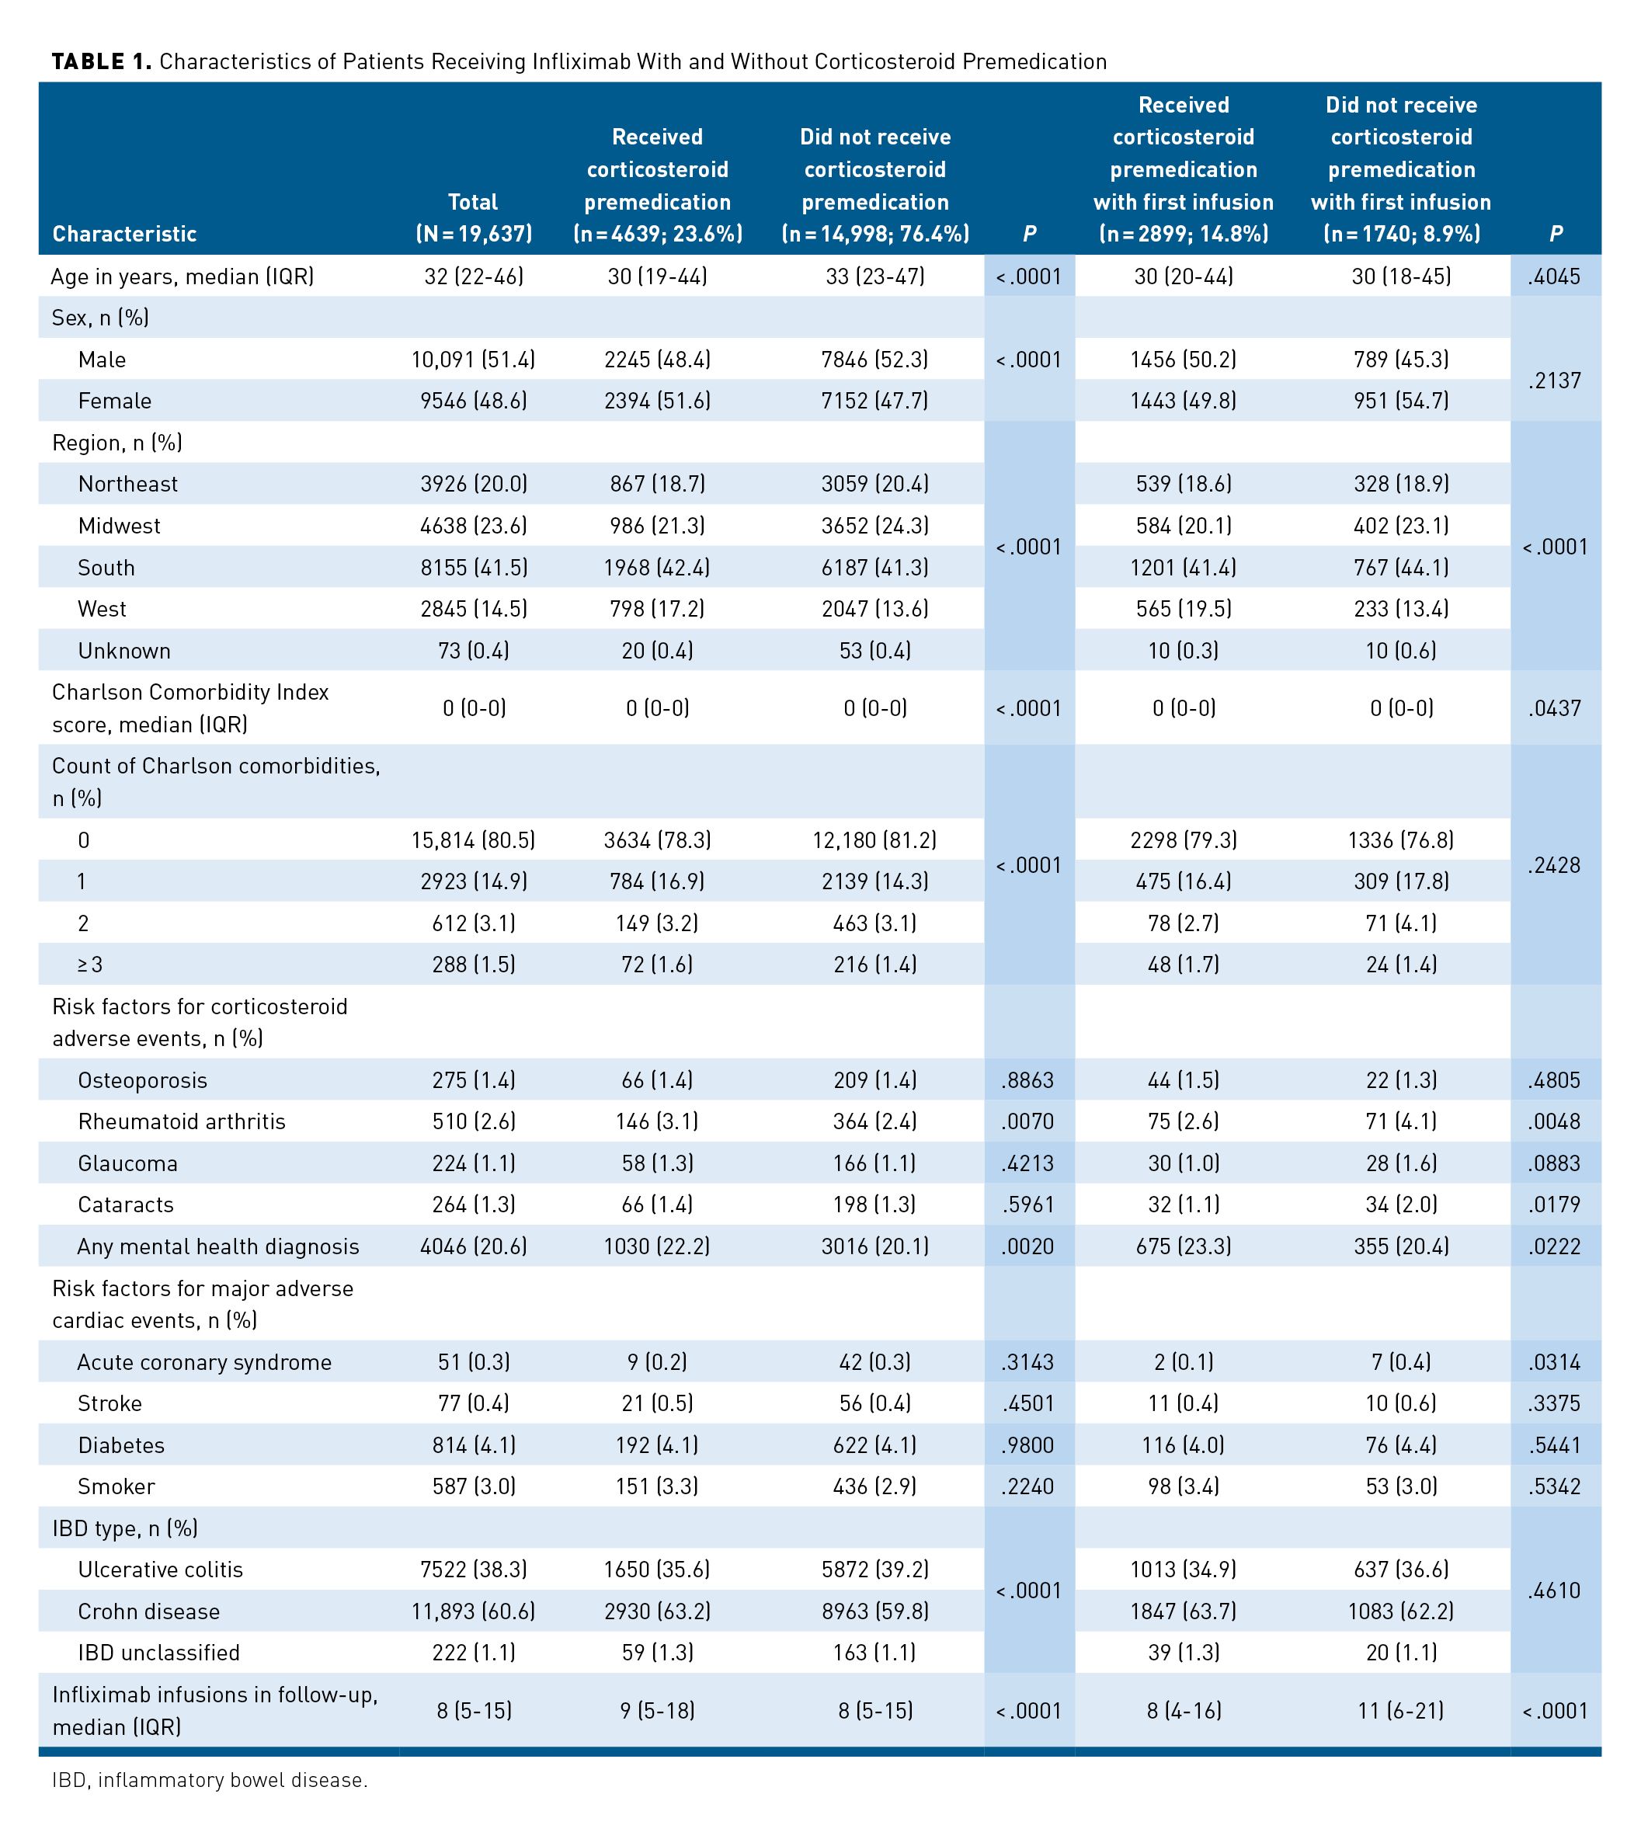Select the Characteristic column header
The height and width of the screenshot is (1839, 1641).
[x=124, y=235]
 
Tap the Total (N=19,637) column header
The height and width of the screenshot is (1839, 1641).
[x=474, y=218]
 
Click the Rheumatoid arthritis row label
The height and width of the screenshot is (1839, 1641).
[x=181, y=1121]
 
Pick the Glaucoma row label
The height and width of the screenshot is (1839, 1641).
[x=128, y=1163]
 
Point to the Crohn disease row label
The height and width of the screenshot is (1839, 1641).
[x=149, y=1611]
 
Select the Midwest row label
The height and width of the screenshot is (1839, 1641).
[x=119, y=526]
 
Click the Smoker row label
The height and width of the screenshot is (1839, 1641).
[x=116, y=1486]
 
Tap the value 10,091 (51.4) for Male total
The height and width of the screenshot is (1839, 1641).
[x=474, y=360]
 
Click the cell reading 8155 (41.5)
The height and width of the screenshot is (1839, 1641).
[x=474, y=568]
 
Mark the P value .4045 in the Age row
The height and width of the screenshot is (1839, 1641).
[x=1555, y=276]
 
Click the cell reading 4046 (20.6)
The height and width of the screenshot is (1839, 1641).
[x=474, y=1246]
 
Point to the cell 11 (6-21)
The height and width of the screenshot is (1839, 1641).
[x=1400, y=1710]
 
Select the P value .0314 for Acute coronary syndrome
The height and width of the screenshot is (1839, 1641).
[x=1555, y=1362]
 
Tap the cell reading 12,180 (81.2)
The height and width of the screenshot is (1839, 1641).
[x=874, y=840]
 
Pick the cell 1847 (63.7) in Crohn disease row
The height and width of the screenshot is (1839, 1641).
[x=1183, y=1611]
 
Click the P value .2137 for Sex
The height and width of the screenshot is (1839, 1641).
[x=1555, y=381]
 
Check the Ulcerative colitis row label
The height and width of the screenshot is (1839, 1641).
[x=161, y=1570]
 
